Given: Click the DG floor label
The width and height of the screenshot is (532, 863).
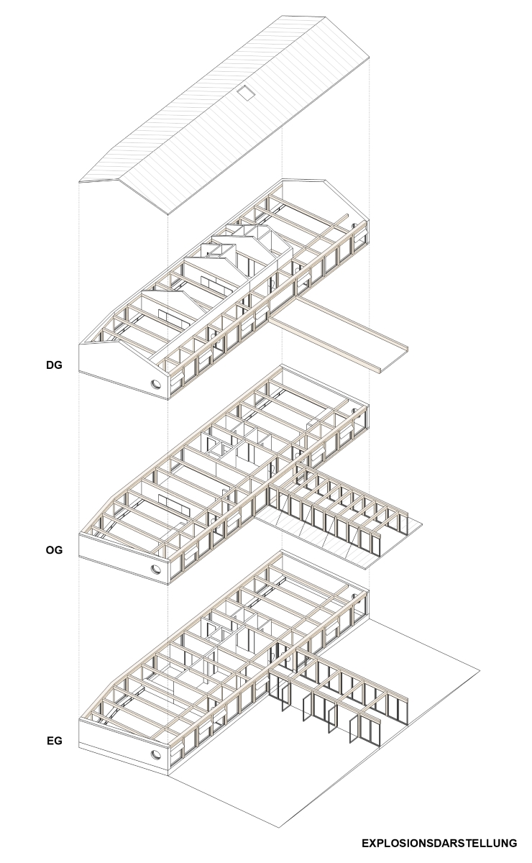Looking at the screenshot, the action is click(54, 365).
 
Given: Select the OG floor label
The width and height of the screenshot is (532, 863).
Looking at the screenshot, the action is click(54, 549).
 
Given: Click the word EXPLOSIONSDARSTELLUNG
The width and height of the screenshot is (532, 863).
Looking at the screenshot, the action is click(439, 840).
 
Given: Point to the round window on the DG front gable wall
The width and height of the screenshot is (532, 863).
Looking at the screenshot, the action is click(156, 384).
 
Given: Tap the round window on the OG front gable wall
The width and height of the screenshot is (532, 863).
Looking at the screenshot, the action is click(156, 569).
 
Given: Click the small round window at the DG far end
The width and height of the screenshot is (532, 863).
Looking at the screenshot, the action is click(354, 226).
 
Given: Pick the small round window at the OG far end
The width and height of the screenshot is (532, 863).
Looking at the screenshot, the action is click(354, 411).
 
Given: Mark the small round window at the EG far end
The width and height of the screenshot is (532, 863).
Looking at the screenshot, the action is click(354, 595).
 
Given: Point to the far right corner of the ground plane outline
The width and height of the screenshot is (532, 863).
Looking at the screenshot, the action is click(480, 671).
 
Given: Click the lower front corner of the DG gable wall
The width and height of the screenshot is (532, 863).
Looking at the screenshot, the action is click(168, 400).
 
